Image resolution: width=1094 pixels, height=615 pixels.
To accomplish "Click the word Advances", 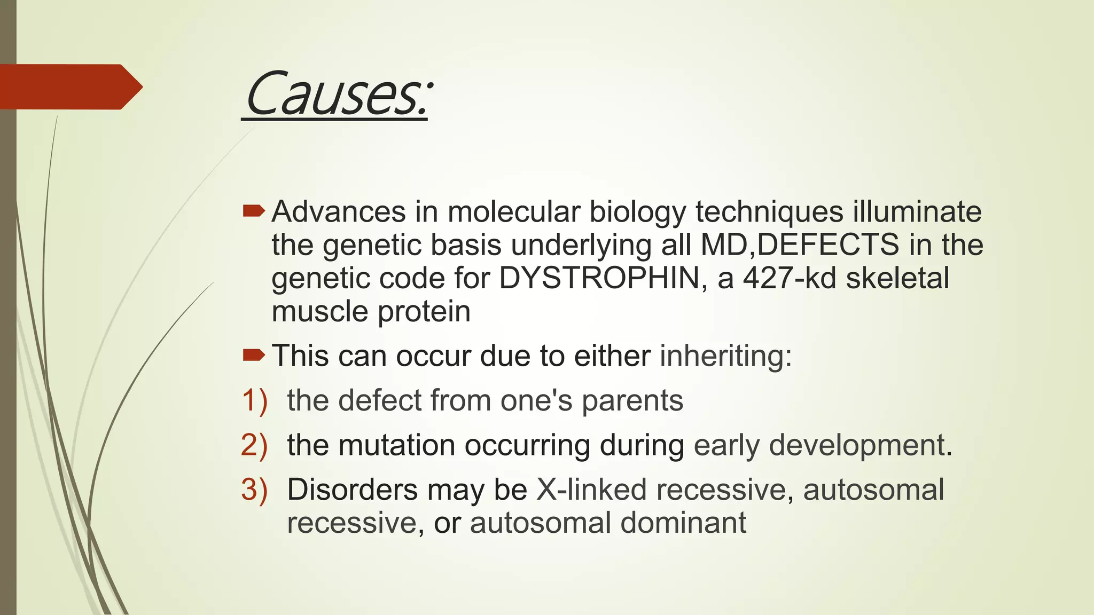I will pos(339,212).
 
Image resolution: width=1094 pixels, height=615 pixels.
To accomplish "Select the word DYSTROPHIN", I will pos(599,278).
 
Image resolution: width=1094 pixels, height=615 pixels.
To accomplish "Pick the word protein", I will pos(424,311).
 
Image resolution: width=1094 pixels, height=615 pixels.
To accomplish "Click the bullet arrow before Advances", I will pos(253,211).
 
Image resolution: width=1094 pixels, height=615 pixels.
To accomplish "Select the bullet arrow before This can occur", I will pos(253,355).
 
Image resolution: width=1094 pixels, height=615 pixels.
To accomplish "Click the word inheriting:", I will pos(725,356).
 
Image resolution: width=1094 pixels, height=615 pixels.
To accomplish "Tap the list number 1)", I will pos(254,400).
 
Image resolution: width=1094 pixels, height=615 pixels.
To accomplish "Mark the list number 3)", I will pos(254,490).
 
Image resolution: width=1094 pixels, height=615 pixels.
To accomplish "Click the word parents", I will pos(632,401).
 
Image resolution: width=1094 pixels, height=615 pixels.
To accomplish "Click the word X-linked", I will pos(591,490).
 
